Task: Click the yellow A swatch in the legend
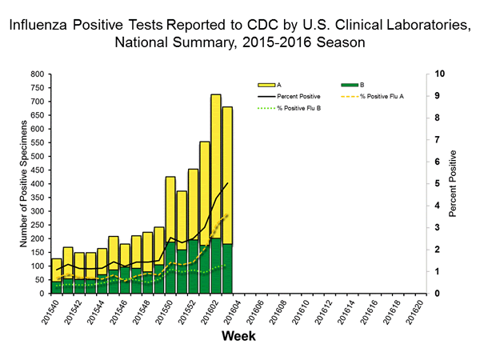click(x=267, y=83)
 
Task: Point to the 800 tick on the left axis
click(x=37, y=74)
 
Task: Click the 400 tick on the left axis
click(x=37, y=183)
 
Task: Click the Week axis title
click(x=238, y=337)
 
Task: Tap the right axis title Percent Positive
click(x=453, y=183)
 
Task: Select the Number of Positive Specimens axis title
click(x=13, y=183)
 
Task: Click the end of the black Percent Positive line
click(x=227, y=183)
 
